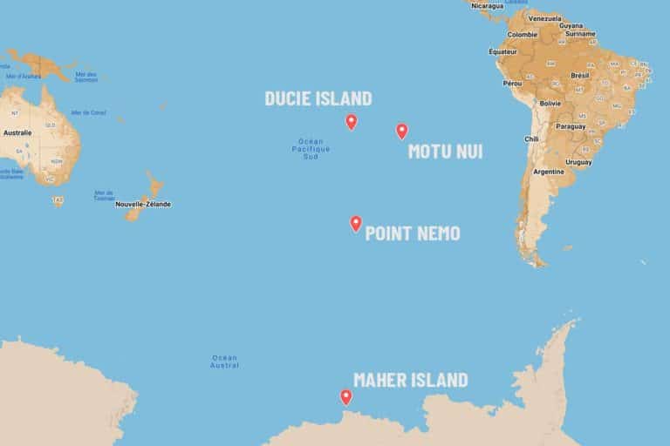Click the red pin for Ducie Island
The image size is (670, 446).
click(x=351, y=122)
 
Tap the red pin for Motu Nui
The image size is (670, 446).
click(x=401, y=132)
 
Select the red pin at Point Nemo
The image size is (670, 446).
click(x=356, y=224)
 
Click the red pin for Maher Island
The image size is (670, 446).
click(x=346, y=397)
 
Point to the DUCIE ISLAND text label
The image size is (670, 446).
click(x=318, y=98)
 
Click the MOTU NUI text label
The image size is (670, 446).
click(x=445, y=152)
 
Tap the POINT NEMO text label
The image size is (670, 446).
click(x=413, y=233)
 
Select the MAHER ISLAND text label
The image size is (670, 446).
click(x=410, y=380)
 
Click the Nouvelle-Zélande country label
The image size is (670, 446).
click(x=143, y=204)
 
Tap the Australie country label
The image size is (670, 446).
click(x=17, y=132)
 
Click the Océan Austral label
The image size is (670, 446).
click(x=225, y=361)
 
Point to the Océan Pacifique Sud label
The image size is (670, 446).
click(x=311, y=149)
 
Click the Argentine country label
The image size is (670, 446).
click(x=548, y=171)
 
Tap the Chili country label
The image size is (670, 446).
click(x=531, y=139)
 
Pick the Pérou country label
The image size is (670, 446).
click(x=512, y=83)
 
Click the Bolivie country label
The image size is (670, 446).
click(x=550, y=103)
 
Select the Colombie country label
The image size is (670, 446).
click(x=523, y=34)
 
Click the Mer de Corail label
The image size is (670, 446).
click(x=88, y=112)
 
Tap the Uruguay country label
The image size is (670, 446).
click(x=578, y=161)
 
